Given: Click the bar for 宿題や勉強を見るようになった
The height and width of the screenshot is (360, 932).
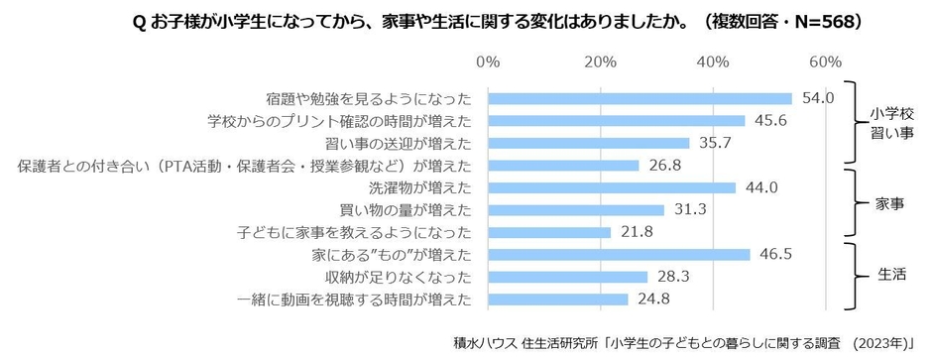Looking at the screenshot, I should [640, 98].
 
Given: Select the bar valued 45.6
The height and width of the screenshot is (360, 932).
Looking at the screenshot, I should [616, 121].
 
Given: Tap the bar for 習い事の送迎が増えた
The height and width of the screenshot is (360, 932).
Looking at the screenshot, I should [588, 143].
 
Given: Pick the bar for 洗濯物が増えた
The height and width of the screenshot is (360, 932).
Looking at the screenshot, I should [612, 187].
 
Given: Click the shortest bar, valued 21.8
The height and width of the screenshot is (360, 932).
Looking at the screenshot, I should [548, 232].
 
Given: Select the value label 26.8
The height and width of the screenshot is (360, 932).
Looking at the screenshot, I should [666, 166].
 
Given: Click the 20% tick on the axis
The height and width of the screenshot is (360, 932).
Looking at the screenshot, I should [601, 62].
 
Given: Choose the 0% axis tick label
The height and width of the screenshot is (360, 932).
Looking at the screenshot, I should [488, 62].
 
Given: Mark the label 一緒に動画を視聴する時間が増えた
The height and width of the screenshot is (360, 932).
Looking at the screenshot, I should [354, 299].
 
